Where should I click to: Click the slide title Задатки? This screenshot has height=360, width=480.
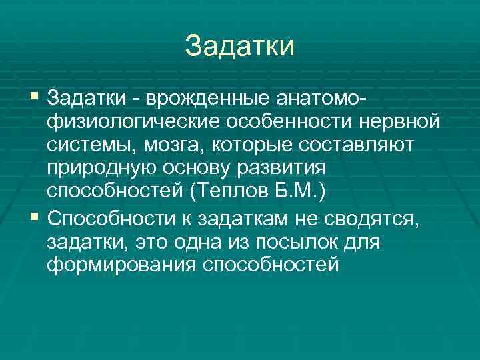coord(239,45)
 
